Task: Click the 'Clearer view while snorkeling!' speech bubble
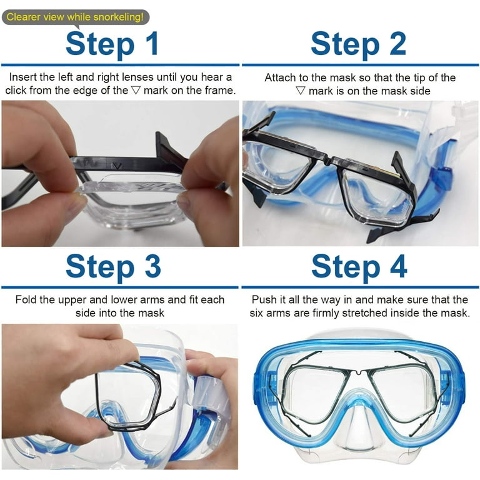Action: tap(76, 17)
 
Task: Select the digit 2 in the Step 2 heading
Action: tap(397, 44)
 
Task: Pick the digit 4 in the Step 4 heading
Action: tap(398, 266)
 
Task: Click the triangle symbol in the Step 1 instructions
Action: tap(135, 90)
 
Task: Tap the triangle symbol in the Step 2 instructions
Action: tap(300, 91)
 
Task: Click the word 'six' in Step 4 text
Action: tap(256, 313)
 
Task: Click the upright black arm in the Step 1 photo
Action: tap(167, 147)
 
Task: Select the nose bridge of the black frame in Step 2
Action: tap(328, 160)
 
